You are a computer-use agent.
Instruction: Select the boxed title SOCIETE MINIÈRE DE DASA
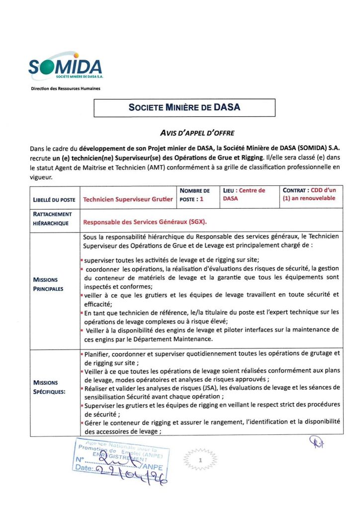[x=184, y=107]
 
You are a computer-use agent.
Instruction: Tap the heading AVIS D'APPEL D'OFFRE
[x=196, y=133]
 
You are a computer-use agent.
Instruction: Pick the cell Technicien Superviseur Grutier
[x=128, y=199]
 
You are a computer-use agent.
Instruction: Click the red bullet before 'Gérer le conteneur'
[x=82, y=422]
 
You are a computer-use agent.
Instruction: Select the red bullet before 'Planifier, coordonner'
[x=82, y=353]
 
